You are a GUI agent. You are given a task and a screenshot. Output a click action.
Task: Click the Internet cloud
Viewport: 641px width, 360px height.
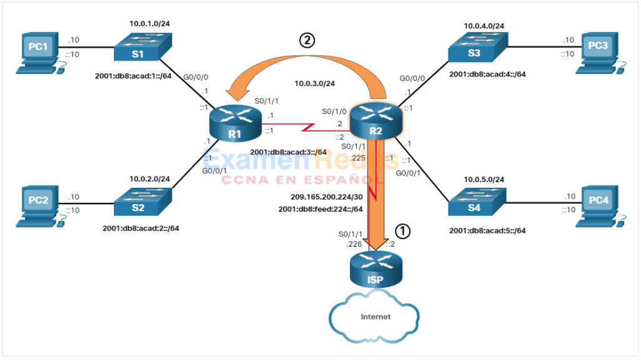pyautogui.click(x=375, y=316)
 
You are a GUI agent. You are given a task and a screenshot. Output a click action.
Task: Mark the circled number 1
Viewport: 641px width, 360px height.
pyautogui.click(x=404, y=230)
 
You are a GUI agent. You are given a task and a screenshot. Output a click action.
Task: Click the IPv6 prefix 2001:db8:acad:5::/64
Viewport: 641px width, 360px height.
pyautogui.click(x=487, y=230)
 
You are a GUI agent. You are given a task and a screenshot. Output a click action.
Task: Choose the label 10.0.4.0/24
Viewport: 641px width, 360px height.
pyautogui.click(x=485, y=26)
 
